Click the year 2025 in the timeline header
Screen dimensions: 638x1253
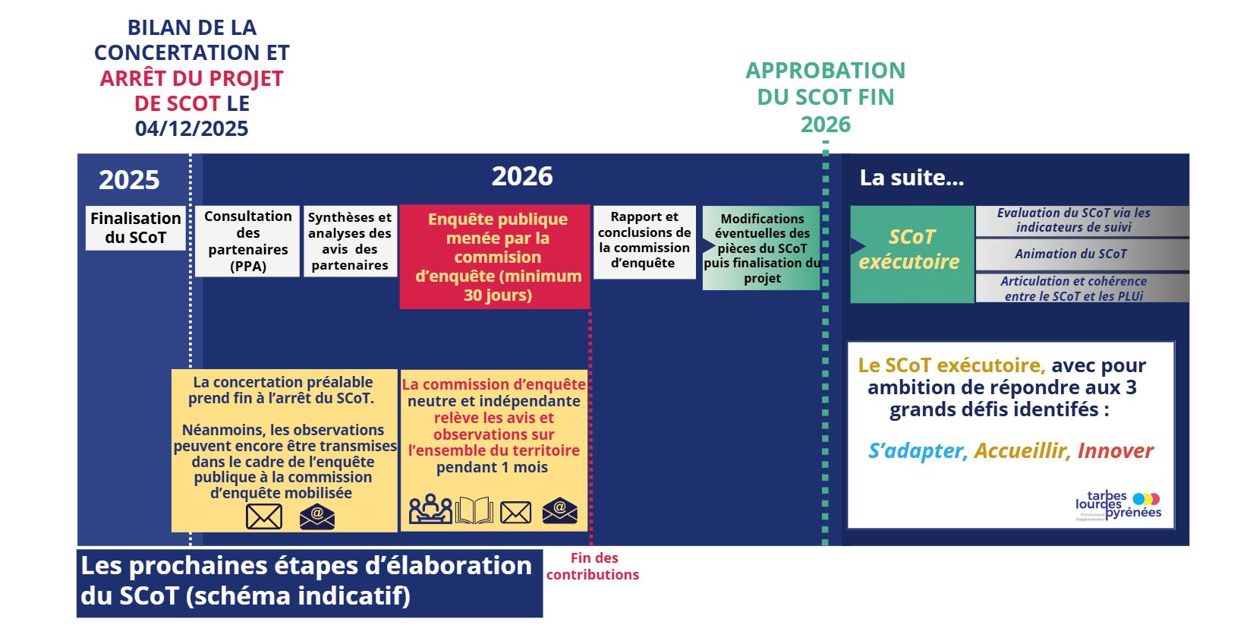pyautogui.click(x=129, y=180)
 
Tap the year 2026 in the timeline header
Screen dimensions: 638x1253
pyautogui.click(x=522, y=176)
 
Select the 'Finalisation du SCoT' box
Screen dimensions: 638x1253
pyautogui.click(x=136, y=228)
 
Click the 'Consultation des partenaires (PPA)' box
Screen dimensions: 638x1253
pyautogui.click(x=247, y=241)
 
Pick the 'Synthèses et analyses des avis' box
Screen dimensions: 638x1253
pyautogui.click(x=350, y=241)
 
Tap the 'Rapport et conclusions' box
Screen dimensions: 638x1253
pyautogui.click(x=644, y=241)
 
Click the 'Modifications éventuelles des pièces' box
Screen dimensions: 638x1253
pyautogui.click(x=761, y=248)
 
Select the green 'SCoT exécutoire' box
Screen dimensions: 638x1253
pyautogui.click(x=911, y=254)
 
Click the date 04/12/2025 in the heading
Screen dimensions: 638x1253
pyautogui.click(x=192, y=128)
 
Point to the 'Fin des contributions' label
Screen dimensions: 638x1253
pyautogui.click(x=593, y=567)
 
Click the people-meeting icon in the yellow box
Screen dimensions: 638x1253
pyautogui.click(x=430, y=510)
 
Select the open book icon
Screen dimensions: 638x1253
pyautogui.click(x=474, y=510)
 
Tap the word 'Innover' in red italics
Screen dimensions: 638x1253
pyautogui.click(x=1115, y=451)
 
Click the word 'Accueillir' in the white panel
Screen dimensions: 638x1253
pyautogui.click(x=1020, y=451)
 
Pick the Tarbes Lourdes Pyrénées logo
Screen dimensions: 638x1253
pyautogui.click(x=1119, y=505)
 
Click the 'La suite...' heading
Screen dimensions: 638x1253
pyautogui.click(x=911, y=178)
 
